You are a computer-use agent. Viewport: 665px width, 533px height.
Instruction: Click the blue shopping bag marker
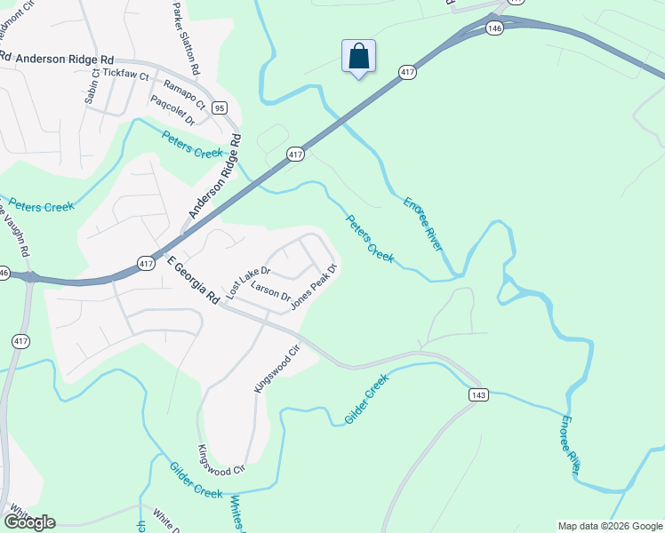(358, 57)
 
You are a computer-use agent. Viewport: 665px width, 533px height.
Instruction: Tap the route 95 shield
(219, 108)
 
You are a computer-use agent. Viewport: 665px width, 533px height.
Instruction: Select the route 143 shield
(478, 393)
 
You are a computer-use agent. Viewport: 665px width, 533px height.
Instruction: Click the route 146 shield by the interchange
(495, 29)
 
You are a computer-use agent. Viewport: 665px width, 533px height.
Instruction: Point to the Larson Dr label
(271, 290)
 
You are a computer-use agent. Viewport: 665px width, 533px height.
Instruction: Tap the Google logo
(29, 521)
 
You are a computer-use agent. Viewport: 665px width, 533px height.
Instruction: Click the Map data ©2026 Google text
(610, 526)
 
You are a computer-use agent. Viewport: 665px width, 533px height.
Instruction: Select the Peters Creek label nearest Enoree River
(369, 238)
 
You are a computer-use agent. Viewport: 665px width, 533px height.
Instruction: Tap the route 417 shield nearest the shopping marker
(407, 72)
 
